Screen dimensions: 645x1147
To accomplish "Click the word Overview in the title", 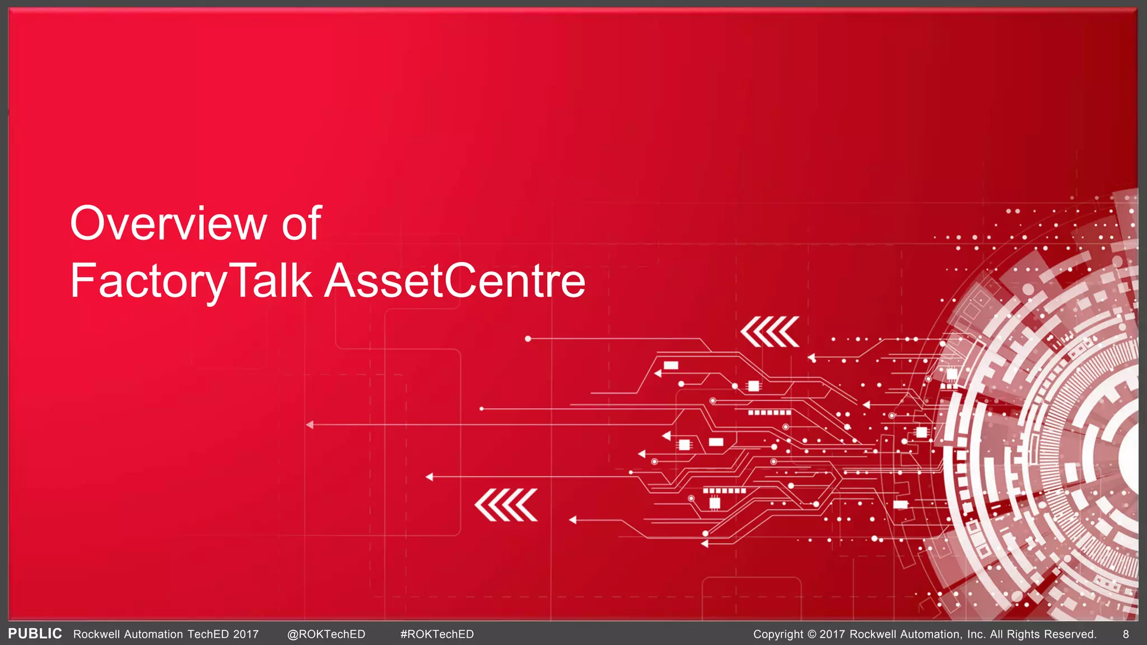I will tap(169, 223).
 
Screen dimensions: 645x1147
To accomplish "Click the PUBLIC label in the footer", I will tap(35, 634).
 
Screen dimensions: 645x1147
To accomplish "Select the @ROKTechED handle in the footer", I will tap(326, 634).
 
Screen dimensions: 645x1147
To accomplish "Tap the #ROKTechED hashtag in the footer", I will tap(437, 634).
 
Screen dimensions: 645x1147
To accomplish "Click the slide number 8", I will tap(1126, 634).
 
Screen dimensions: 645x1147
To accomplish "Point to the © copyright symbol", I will tap(812, 634).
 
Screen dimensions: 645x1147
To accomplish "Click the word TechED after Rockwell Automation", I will tap(208, 634).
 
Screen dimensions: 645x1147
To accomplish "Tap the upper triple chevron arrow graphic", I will tap(770, 331).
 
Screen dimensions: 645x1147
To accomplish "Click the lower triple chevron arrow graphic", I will tap(506, 504).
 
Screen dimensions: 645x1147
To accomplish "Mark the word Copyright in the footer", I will tap(778, 634).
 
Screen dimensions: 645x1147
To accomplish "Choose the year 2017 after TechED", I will tap(246, 634).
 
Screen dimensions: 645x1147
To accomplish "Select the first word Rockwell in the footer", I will tap(96, 634).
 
